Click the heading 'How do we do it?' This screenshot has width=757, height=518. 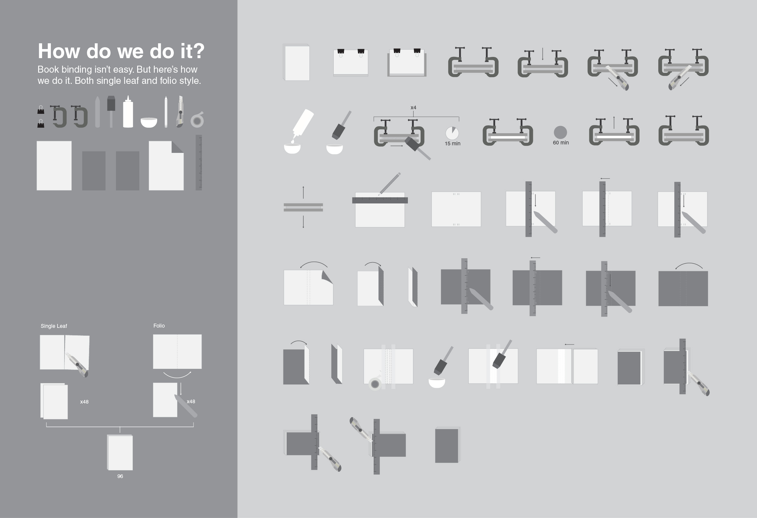[121, 51]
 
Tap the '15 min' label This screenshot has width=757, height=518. [452, 144]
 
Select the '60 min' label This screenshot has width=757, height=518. [560, 143]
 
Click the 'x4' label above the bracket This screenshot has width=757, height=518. [413, 107]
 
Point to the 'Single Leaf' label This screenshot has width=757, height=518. [54, 326]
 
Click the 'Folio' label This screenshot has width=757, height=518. [159, 325]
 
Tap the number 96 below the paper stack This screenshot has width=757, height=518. [120, 476]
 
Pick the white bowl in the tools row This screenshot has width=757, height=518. [149, 122]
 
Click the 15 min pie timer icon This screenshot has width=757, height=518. [452, 133]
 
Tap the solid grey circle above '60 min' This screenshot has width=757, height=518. [560, 132]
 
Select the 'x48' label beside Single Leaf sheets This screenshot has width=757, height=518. [84, 402]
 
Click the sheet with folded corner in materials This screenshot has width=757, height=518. [166, 166]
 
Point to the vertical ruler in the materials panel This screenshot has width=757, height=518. [199, 163]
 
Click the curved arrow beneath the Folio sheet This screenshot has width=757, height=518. [177, 375]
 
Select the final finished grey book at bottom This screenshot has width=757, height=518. [447, 445]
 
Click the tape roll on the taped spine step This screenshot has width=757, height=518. [375, 384]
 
